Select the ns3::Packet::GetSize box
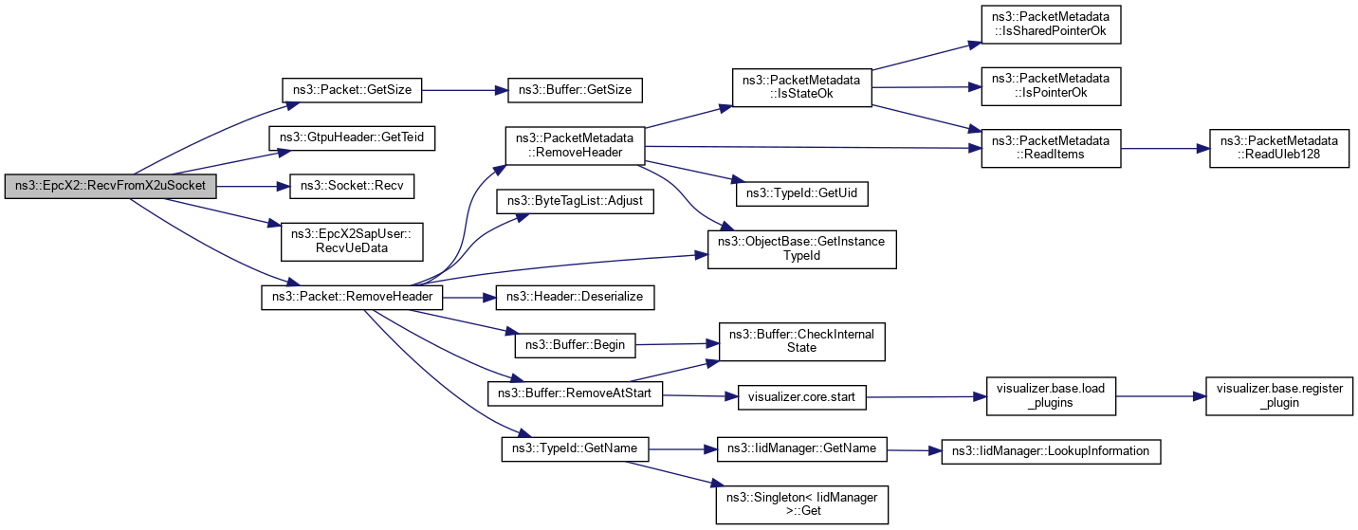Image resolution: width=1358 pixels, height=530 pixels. click(x=352, y=90)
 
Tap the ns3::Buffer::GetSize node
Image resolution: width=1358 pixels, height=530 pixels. click(x=576, y=90)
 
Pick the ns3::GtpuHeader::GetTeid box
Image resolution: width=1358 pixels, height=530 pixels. click(x=352, y=137)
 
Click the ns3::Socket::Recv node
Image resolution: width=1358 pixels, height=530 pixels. click(x=352, y=187)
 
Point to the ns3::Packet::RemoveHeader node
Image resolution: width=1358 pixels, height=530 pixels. click(x=352, y=297)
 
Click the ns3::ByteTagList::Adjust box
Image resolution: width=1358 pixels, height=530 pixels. click(x=576, y=203)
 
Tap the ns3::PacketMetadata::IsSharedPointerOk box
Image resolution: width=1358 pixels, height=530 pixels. click(x=1051, y=25)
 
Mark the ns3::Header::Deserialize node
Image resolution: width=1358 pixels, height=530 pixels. click(x=576, y=297)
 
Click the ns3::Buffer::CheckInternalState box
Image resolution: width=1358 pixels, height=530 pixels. click(x=800, y=340)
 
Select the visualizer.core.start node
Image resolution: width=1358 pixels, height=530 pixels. click(x=800, y=396)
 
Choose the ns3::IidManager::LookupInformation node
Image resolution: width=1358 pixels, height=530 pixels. click(x=1051, y=451)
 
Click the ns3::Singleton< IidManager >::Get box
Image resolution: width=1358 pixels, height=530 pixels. click(x=800, y=502)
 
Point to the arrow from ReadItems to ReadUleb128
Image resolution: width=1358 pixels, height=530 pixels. click(x=1159, y=147)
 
